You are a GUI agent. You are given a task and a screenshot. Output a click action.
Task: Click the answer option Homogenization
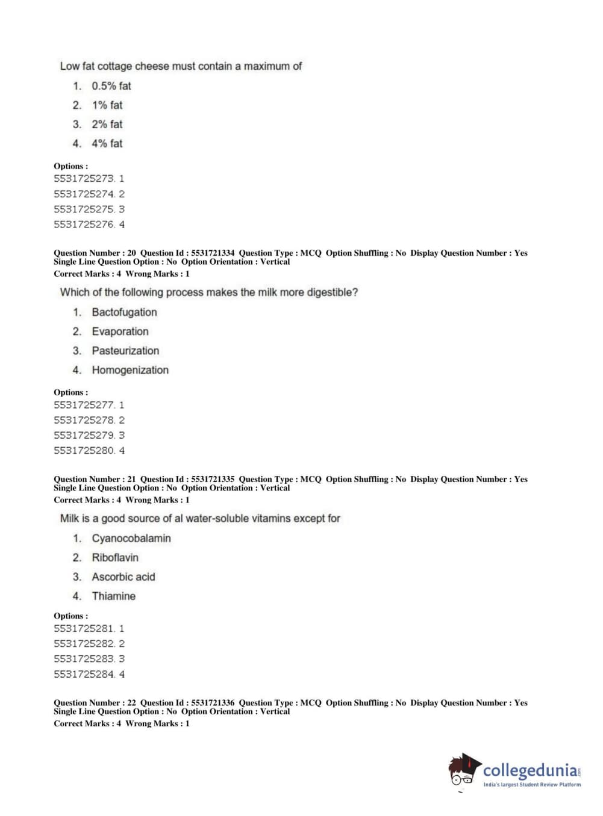pyautogui.click(x=130, y=370)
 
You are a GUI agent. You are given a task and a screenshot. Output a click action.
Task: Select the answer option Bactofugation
pyautogui.click(x=124, y=312)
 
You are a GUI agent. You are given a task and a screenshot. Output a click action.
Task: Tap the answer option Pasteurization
pyautogui.click(x=125, y=351)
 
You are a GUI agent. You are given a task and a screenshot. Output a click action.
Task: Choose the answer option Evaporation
pyautogui.click(x=120, y=332)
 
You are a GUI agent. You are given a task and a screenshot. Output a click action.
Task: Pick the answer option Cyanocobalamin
pyautogui.click(x=131, y=539)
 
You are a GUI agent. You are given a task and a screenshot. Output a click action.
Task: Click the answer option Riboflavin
pyautogui.click(x=115, y=558)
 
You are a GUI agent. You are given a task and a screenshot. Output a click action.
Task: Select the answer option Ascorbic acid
pyautogui.click(x=123, y=577)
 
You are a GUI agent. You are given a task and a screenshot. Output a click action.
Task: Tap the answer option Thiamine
pyautogui.click(x=113, y=596)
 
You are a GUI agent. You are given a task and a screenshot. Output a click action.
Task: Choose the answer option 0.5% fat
pyautogui.click(x=111, y=86)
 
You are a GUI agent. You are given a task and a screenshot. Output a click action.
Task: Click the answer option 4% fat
pyautogui.click(x=107, y=144)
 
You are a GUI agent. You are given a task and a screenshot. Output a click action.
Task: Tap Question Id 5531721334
pyautogui.click(x=187, y=253)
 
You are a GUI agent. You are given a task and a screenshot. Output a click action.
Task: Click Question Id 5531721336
pyautogui.click(x=187, y=703)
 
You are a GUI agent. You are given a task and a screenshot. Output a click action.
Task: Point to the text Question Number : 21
pyautogui.click(x=95, y=480)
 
